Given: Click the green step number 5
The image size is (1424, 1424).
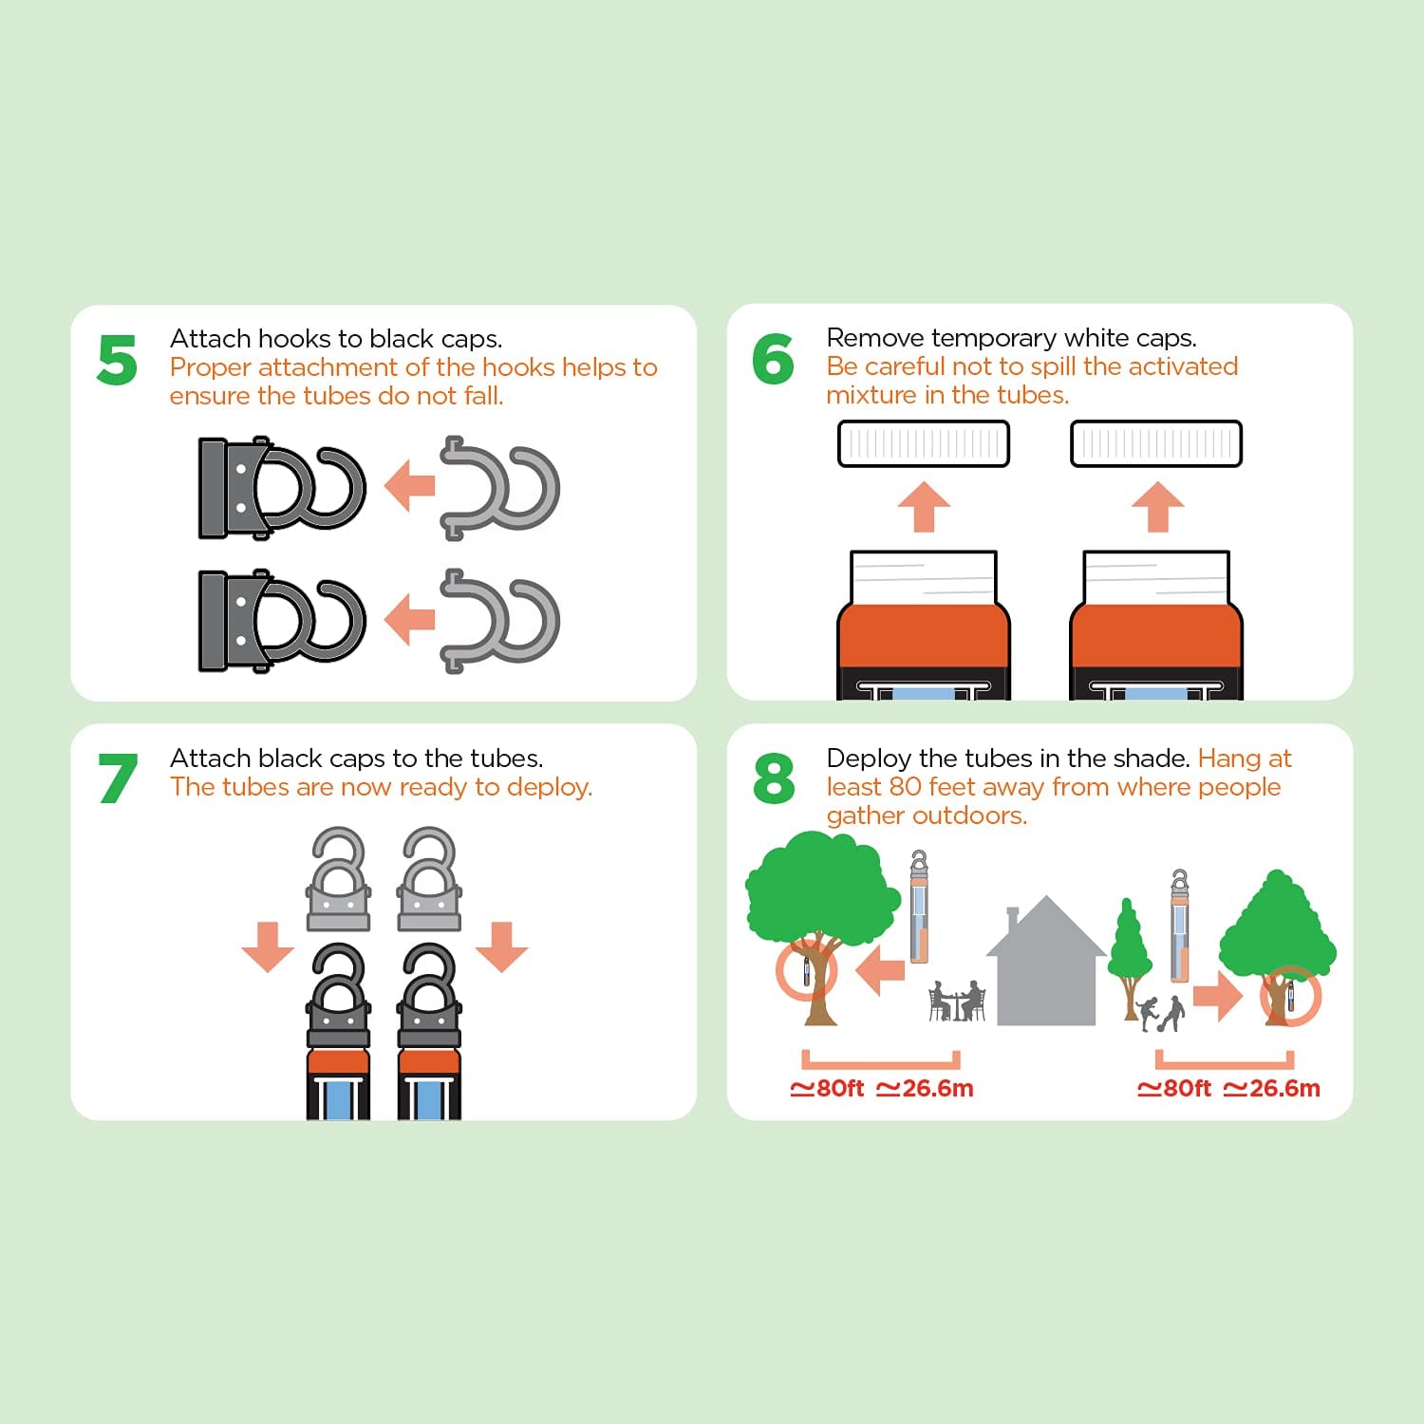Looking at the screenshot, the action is point(117,360).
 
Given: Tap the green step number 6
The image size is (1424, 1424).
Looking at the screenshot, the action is point(773,359).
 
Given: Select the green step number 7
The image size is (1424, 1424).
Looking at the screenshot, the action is point(118,778).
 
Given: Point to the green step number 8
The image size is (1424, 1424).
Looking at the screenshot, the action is point(774,778).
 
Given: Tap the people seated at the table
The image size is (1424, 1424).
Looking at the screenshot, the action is point(957,1002).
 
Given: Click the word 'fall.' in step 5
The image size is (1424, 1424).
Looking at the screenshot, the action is point(484,396).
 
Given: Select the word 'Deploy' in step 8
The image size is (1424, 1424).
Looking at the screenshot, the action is point(869,759).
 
